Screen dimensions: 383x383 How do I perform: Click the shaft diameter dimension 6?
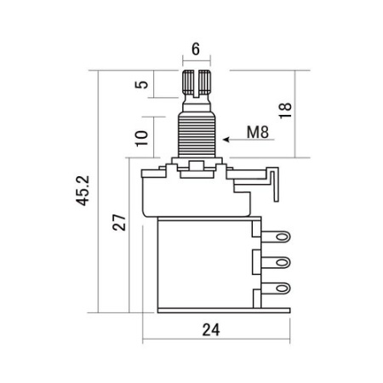(x=196, y=49)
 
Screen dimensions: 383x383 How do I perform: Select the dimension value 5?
(x=142, y=85)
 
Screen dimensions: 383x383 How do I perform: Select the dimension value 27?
(x=120, y=222)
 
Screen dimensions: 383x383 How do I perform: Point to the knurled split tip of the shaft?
(x=196, y=83)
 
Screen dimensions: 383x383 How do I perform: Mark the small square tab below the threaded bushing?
(x=196, y=167)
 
